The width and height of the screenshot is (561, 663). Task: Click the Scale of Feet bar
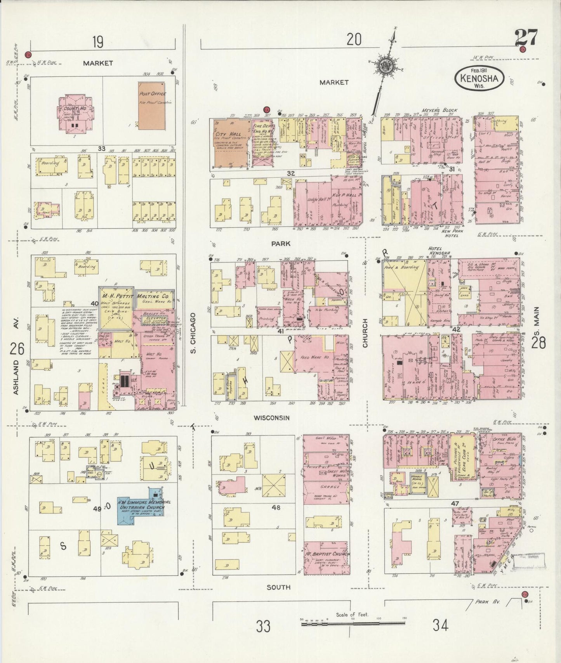click(x=353, y=623)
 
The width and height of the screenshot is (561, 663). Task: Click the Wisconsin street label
click(x=272, y=418)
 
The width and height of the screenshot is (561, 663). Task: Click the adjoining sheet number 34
click(x=441, y=625)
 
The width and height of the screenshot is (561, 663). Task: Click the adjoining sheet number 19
click(x=97, y=42)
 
